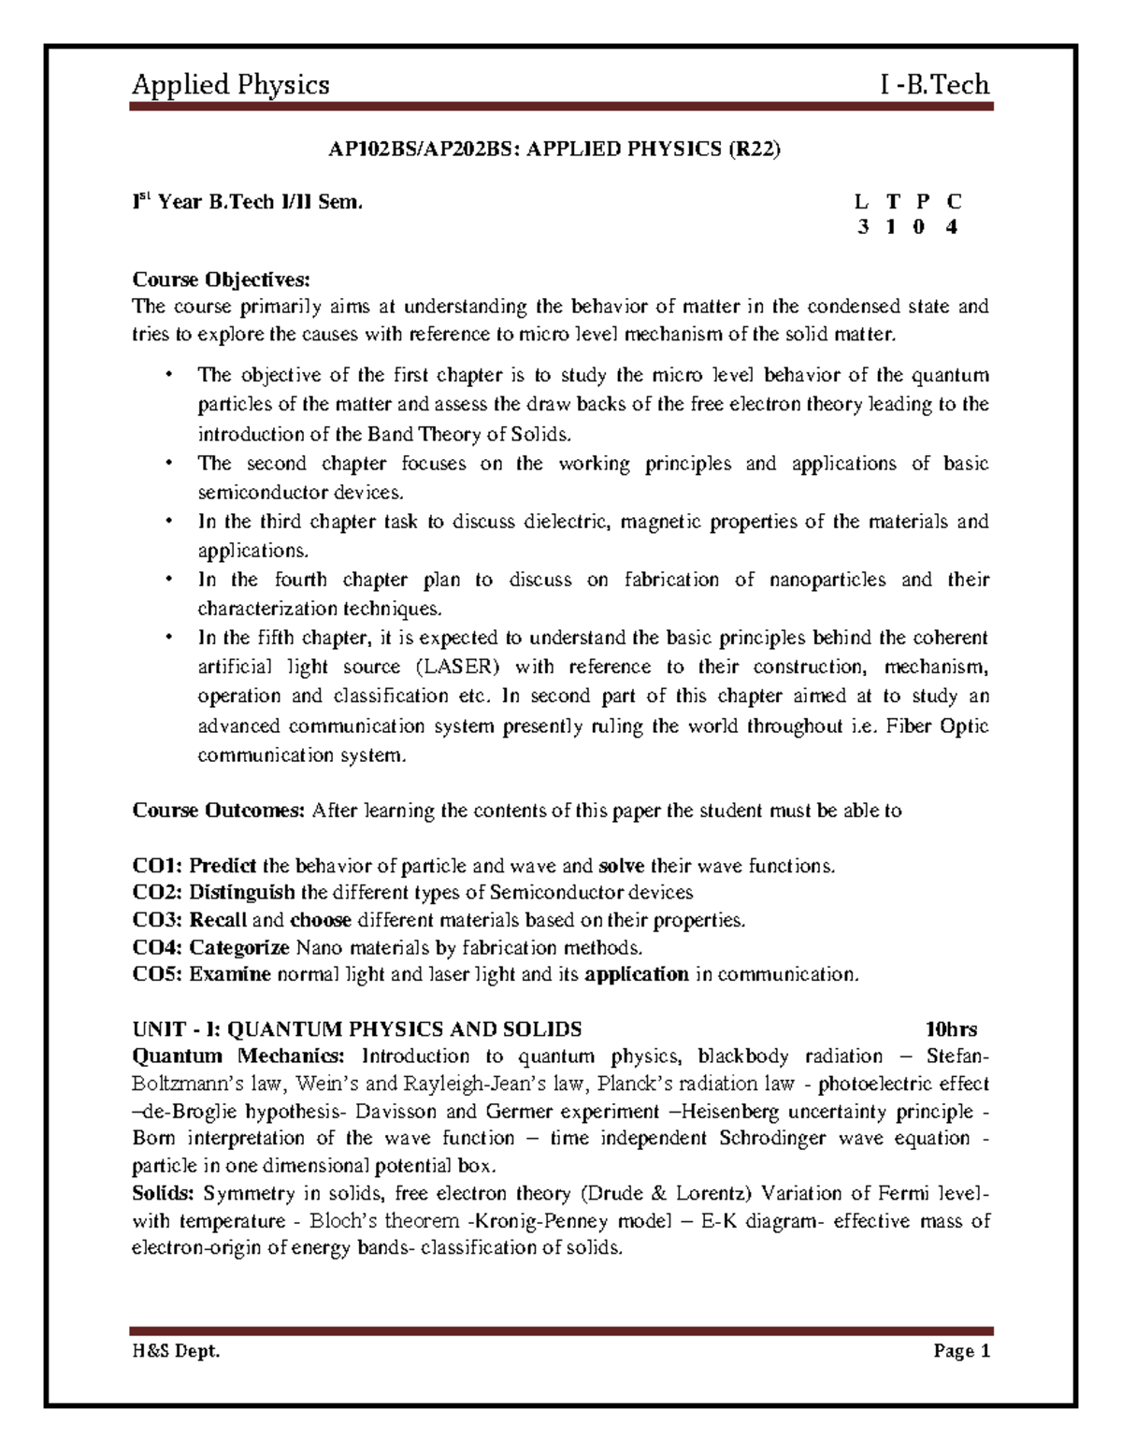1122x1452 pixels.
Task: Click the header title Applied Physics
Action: point(230,85)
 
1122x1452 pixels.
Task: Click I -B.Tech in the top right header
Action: point(934,85)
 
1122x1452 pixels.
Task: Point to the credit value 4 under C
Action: point(952,227)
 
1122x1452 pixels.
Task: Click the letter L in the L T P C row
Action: point(861,201)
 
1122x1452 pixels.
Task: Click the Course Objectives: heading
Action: point(220,279)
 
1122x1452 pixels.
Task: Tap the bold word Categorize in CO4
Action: point(239,947)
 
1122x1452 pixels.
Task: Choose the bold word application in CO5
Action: point(636,974)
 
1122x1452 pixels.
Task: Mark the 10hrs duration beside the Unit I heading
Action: point(951,1029)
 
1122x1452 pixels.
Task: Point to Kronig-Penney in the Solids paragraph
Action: point(542,1221)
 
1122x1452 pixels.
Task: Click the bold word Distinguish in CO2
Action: point(242,893)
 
